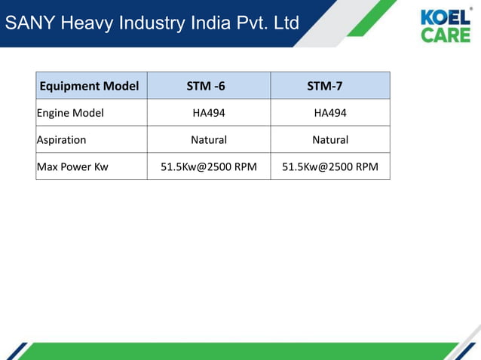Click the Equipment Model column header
pyautogui.click(x=89, y=86)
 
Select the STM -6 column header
pyautogui.click(x=206, y=86)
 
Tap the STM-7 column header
pyautogui.click(x=325, y=86)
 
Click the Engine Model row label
pyautogui.click(x=70, y=113)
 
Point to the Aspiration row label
pyautogui.click(x=62, y=139)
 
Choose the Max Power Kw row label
pyautogui.click(x=72, y=166)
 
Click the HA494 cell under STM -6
pyautogui.click(x=209, y=113)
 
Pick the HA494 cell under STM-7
pyautogui.click(x=330, y=113)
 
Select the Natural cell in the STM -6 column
pyautogui.click(x=209, y=139)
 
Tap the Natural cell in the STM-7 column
pyautogui.click(x=330, y=139)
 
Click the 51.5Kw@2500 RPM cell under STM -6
pyautogui.click(x=209, y=166)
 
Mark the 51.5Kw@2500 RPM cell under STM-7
pyautogui.click(x=330, y=166)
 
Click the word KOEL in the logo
pyautogui.click(x=444, y=17)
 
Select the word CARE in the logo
pyautogui.click(x=445, y=35)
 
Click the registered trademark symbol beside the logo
pyautogui.click(x=472, y=9)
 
